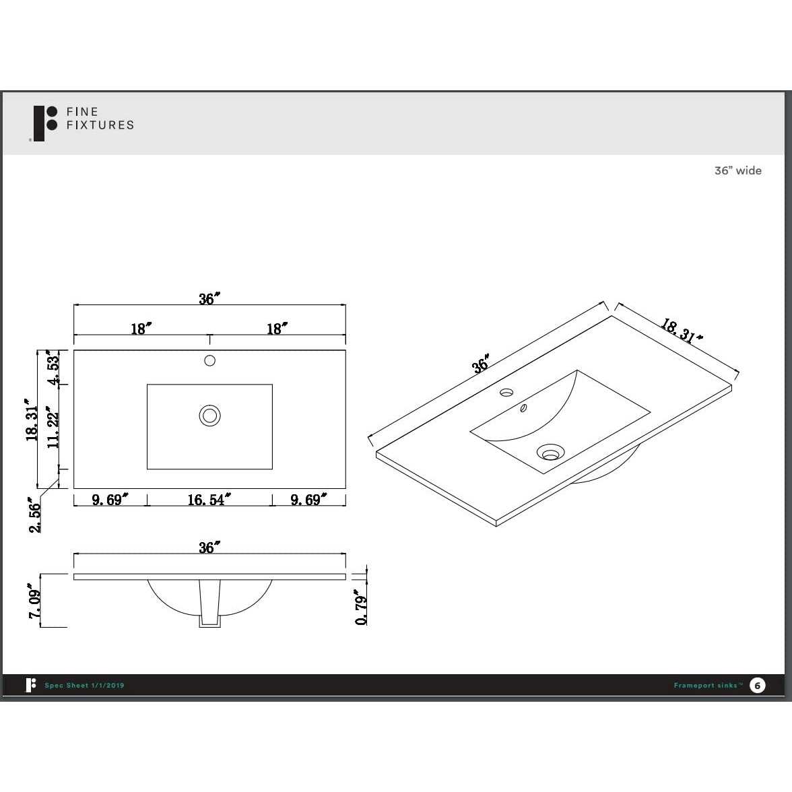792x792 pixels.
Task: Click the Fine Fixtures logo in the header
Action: coord(84,122)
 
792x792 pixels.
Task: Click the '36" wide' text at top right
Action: coord(737,171)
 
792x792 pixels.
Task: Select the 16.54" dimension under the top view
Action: coord(209,500)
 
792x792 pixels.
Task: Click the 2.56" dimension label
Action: coord(35,515)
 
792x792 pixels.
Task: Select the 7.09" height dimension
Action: coord(35,601)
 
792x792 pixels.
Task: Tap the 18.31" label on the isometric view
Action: coord(680,331)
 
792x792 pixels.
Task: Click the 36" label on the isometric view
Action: coord(480,364)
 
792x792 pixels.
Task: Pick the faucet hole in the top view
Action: coord(209,361)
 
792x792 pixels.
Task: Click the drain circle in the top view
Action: coord(209,416)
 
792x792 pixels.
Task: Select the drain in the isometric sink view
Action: coord(550,453)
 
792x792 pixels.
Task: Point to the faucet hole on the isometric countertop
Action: coord(506,392)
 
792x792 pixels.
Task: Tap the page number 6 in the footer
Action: coord(758,686)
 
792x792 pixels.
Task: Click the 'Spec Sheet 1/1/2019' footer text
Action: coord(84,686)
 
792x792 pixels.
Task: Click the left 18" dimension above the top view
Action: coord(141,329)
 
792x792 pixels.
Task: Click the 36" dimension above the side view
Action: coord(209,548)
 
